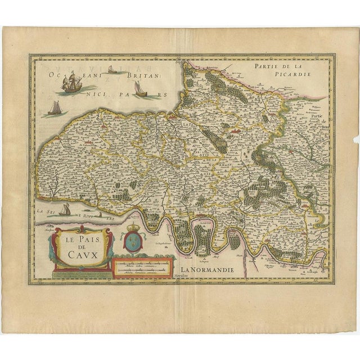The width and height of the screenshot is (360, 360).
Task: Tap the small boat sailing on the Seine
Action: point(65,210)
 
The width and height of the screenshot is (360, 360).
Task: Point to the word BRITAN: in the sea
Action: point(129,74)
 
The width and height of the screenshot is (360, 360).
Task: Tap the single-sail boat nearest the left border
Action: point(55,108)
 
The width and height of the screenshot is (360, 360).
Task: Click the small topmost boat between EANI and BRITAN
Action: point(111,69)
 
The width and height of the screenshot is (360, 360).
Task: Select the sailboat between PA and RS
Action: point(139,89)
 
